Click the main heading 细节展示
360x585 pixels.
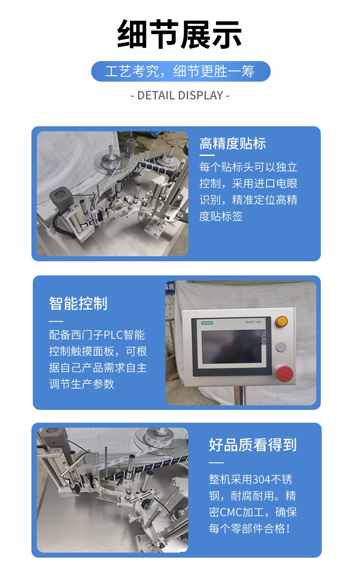pyautogui.click(x=180, y=34)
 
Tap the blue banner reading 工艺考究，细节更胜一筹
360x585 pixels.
pyautogui.click(x=180, y=71)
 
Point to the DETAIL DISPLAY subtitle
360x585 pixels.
pyautogui.click(x=180, y=95)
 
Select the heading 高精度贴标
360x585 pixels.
pyautogui.click(x=232, y=143)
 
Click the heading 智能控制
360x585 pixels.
pyautogui.click(x=78, y=303)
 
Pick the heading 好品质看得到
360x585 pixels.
pyautogui.click(x=253, y=445)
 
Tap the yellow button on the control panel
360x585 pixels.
pyautogui.click(x=282, y=321)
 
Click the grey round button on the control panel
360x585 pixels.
pyautogui.click(x=281, y=347)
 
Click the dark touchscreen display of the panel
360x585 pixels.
pyautogui.click(x=231, y=346)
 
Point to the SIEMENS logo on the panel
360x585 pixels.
pyautogui.click(x=207, y=323)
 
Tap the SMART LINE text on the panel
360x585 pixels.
pyautogui.click(x=253, y=322)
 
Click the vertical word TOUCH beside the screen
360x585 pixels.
pyautogui.click(x=264, y=337)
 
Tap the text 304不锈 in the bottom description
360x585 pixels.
pyautogui.click(x=273, y=479)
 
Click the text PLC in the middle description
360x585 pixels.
pyautogui.click(x=113, y=335)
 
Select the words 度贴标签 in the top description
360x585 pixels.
pyautogui.click(x=221, y=216)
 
